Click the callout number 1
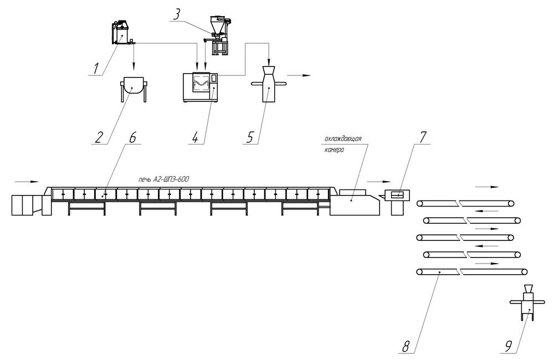(x=96, y=68)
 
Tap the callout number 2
(x=99, y=137)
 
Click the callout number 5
(x=250, y=137)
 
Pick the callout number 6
(x=132, y=137)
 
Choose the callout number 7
(x=423, y=137)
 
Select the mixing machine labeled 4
(x=200, y=88)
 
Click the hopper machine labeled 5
(x=268, y=84)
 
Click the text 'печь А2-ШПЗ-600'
(x=163, y=179)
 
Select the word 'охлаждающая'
(x=343, y=139)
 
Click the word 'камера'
(x=334, y=150)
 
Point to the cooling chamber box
(x=355, y=202)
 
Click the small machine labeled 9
(x=527, y=302)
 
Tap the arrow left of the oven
(x=27, y=182)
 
